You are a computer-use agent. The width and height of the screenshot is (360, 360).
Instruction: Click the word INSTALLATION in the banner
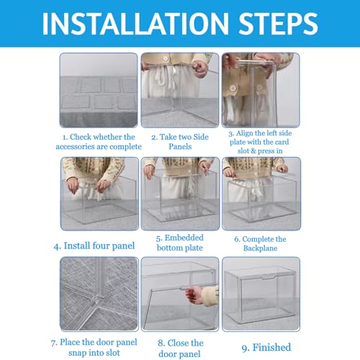pos(135,23)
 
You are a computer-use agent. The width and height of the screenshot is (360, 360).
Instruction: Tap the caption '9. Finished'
pos(266,347)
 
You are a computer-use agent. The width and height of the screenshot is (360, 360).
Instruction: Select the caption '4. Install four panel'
pos(94,246)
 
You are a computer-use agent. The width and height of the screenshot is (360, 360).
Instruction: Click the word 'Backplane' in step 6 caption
pos(260,248)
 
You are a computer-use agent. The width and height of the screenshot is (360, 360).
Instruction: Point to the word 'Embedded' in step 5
pos(184,238)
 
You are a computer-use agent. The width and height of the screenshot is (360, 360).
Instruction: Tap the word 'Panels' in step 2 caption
pos(180,146)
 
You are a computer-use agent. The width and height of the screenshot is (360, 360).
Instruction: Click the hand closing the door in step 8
pos(196,294)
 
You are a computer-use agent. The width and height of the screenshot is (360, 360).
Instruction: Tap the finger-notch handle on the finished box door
pos(269,278)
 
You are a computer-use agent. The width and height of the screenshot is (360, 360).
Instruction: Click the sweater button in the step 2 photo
pos(166,59)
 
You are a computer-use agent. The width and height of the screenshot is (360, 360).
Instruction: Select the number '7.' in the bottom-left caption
pos(54,343)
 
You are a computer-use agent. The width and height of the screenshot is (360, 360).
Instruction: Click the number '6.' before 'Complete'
pos(238,239)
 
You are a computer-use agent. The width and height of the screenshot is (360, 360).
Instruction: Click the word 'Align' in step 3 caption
pos(244,133)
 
